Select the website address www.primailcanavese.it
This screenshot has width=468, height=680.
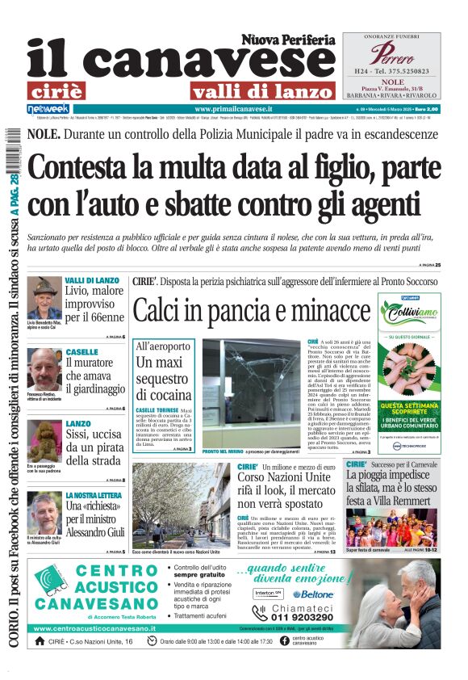click(233, 108)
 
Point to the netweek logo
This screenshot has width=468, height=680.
click(48, 108)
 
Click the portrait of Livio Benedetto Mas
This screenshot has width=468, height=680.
click(44, 296)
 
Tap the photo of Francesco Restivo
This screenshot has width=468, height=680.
click(44, 367)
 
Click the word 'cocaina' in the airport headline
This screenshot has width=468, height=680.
click(163, 396)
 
